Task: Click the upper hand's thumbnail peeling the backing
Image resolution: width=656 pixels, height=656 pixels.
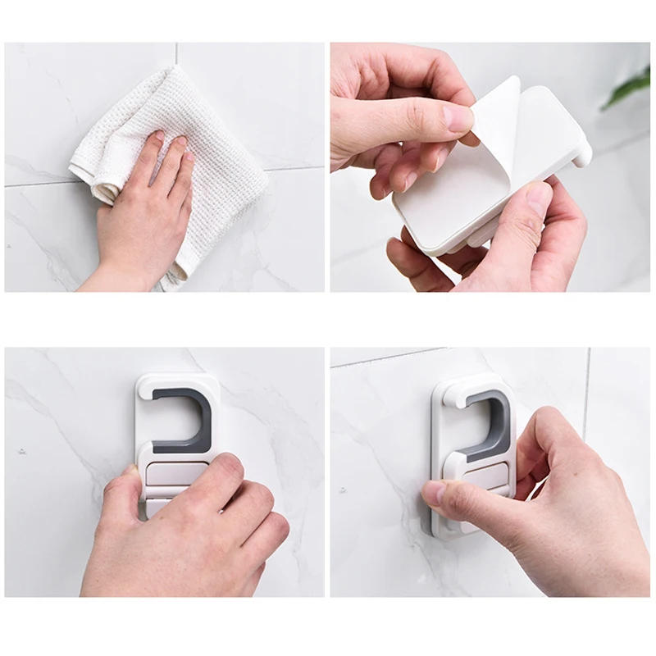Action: (x=458, y=119)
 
